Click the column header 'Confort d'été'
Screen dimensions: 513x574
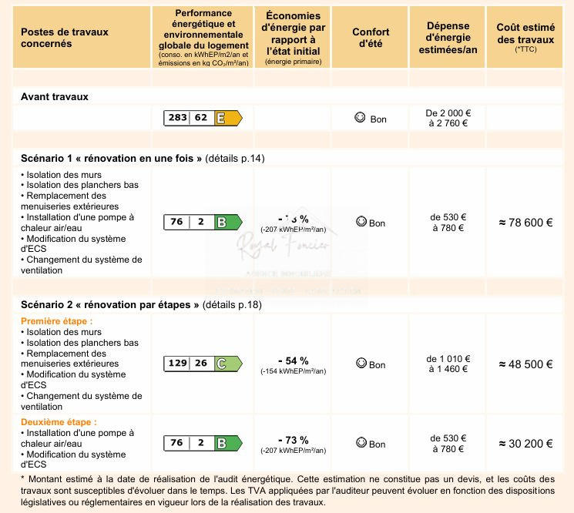click(371, 38)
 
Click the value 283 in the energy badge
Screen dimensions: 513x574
click(178, 118)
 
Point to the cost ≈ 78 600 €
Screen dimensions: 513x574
click(525, 223)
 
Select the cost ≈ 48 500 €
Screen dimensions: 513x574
click(525, 364)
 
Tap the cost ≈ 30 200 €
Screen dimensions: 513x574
click(525, 444)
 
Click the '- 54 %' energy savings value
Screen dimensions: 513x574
click(293, 360)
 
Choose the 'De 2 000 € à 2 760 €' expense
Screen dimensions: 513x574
click(448, 118)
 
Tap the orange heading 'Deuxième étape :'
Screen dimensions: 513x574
click(59, 422)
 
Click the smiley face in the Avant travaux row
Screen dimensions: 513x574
click(359, 118)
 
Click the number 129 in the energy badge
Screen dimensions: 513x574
click(178, 364)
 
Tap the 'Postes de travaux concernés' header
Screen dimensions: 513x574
click(64, 38)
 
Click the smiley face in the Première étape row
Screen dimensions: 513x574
click(361, 364)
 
